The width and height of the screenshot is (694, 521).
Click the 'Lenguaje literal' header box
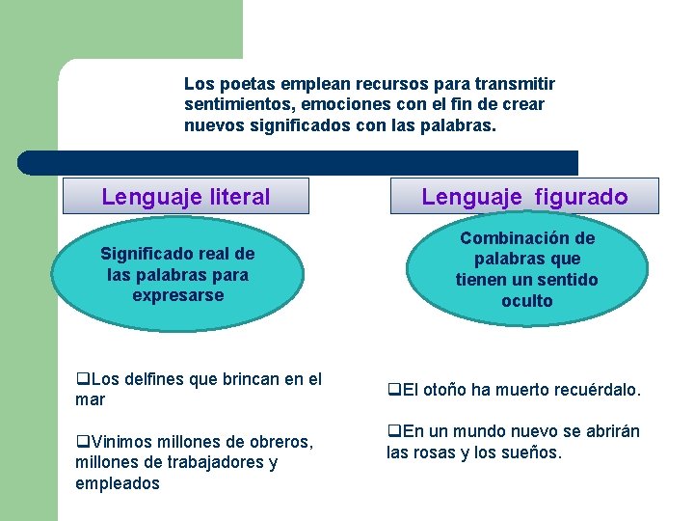(186, 197)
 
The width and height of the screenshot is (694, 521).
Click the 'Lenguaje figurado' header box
(524, 197)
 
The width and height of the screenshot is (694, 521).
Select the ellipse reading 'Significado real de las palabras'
(178, 275)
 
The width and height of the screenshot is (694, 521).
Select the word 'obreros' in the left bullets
(283, 442)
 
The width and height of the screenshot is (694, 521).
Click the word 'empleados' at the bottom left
(118, 483)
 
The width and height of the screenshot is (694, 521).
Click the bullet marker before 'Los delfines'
(81, 380)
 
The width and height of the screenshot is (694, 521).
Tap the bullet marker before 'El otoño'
(392, 391)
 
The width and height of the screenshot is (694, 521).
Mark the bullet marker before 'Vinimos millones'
(81, 443)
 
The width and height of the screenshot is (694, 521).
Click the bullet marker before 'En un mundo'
(392, 432)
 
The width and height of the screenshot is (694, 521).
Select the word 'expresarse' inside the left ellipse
(178, 295)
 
